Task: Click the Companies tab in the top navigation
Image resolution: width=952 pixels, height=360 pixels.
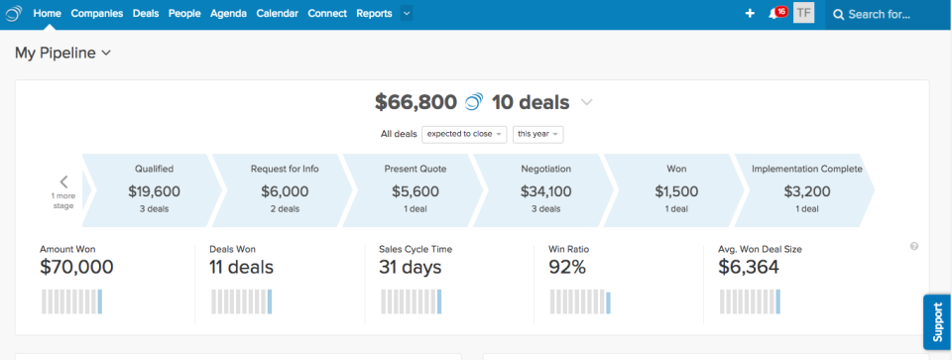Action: point(97,14)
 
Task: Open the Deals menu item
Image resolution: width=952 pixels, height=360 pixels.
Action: point(146,14)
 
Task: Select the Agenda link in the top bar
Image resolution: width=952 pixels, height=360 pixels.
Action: point(228,14)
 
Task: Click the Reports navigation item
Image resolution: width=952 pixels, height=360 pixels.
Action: point(374,14)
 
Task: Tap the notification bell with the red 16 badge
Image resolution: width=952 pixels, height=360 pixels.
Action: point(774,14)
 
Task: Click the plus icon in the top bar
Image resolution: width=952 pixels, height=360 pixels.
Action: point(750,14)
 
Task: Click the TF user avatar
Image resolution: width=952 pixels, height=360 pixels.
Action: point(803,14)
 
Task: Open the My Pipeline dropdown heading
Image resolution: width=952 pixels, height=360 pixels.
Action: point(62,54)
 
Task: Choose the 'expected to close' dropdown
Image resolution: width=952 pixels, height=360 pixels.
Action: point(464,134)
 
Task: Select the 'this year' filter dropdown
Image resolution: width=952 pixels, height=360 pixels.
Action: point(538,134)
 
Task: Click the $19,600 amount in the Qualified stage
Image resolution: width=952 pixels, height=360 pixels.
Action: point(154,191)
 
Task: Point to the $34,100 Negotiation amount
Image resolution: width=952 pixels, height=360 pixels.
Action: point(545,191)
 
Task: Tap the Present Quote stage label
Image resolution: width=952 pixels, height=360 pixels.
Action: point(414,169)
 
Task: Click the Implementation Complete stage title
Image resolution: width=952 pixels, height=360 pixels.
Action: point(806,169)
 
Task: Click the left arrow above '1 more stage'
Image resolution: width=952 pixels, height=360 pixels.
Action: point(63,181)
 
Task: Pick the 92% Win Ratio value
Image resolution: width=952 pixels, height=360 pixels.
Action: point(567,267)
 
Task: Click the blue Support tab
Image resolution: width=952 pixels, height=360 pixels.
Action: point(937,321)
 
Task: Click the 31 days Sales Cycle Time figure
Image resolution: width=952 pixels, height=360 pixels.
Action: point(411,267)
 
